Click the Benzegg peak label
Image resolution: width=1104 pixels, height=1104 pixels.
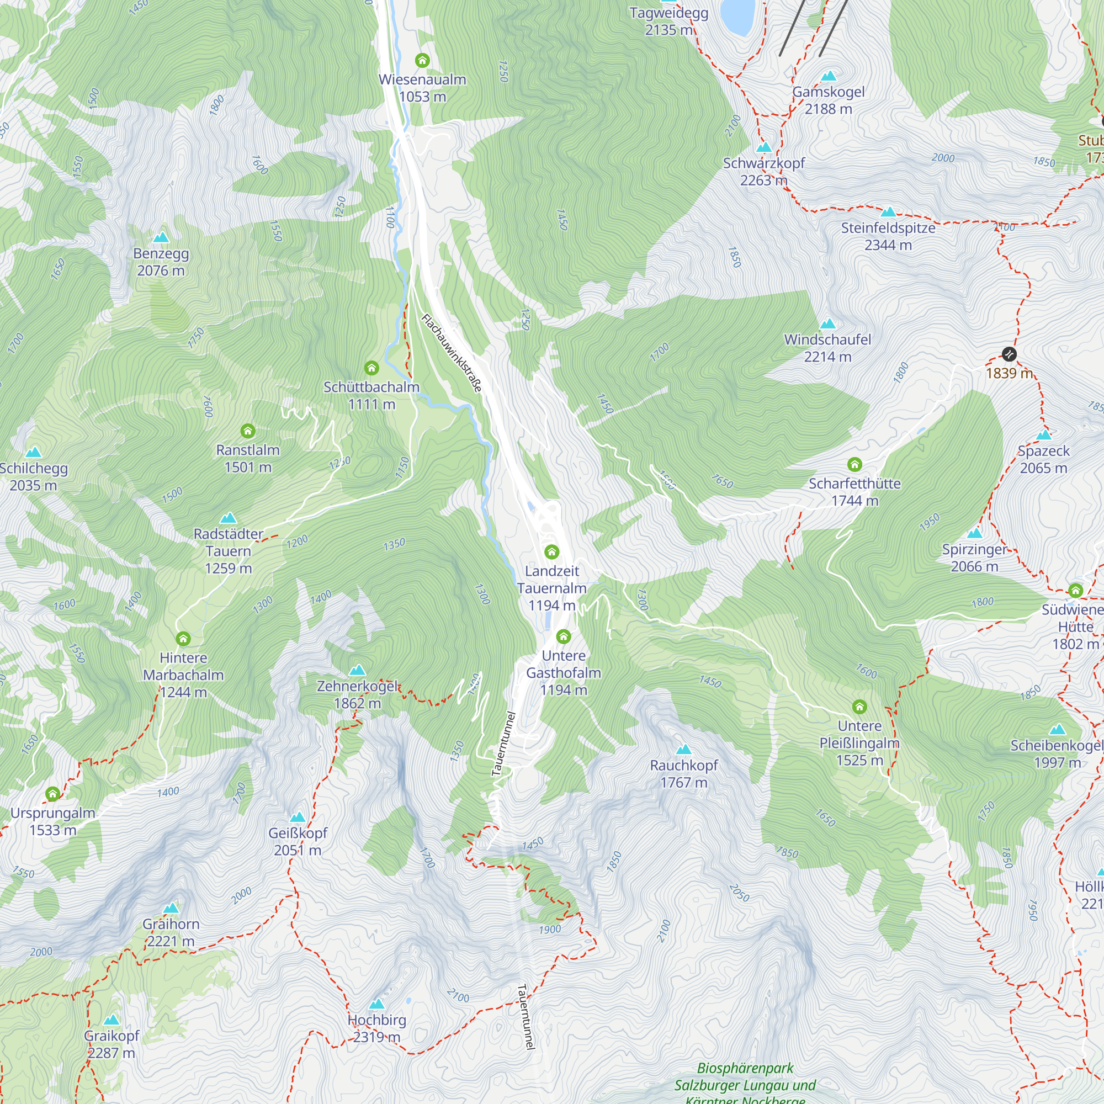[161, 262]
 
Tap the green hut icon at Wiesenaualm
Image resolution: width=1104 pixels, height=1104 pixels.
[422, 60]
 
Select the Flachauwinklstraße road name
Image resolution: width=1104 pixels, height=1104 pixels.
[452, 353]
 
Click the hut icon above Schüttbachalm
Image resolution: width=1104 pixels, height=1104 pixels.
[371, 368]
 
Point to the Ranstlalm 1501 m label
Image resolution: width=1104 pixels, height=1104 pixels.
[247, 458]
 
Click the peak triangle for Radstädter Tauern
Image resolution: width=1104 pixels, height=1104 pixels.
[228, 518]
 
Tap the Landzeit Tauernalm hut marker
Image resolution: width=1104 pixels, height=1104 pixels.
[551, 551]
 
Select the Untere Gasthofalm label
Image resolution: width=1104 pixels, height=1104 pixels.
[564, 672]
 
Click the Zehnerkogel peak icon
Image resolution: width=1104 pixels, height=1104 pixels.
[357, 670]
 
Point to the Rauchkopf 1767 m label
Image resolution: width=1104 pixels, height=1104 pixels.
[683, 774]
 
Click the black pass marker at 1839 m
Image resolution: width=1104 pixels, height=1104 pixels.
[1009, 354]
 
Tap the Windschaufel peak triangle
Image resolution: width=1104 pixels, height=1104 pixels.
[827, 324]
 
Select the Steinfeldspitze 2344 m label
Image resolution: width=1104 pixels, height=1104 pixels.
[888, 236]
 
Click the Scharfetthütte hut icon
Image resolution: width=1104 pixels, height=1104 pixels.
[854, 464]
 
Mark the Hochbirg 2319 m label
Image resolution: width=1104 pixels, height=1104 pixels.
[376, 1028]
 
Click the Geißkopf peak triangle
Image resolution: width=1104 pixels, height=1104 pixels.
[298, 817]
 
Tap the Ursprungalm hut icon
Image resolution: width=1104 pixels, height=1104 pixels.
[52, 794]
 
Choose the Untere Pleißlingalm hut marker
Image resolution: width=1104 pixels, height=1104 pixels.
[859, 707]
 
